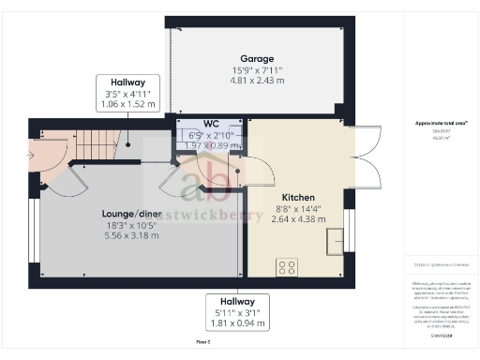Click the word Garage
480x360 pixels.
tap(256, 58)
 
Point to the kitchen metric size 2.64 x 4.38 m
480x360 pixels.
tap(297, 218)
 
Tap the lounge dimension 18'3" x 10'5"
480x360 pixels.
tap(130, 224)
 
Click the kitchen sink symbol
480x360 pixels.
tap(333, 242)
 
